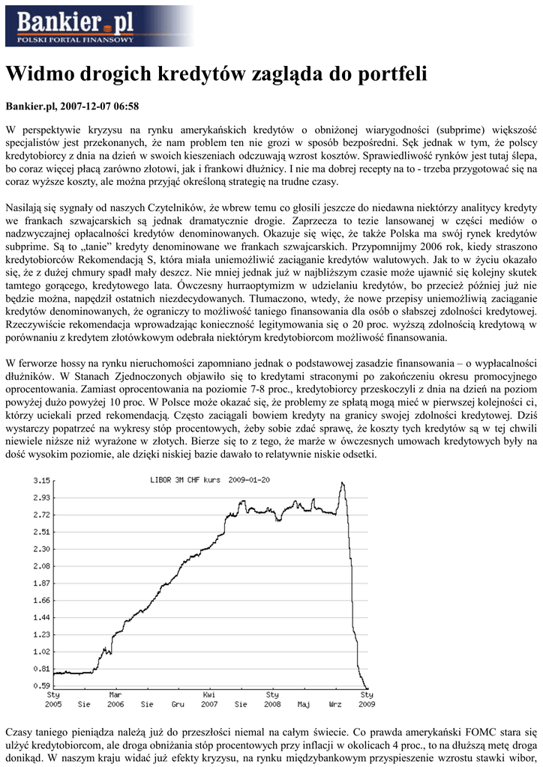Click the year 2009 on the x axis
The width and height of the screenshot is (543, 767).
pos(367,704)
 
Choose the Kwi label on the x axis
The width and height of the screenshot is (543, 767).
pos(210,695)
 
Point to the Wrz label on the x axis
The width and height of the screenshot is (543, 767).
pos(335,704)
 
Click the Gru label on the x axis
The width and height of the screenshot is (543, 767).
pos(178,704)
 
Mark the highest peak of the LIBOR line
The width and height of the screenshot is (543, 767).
pos(342,483)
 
